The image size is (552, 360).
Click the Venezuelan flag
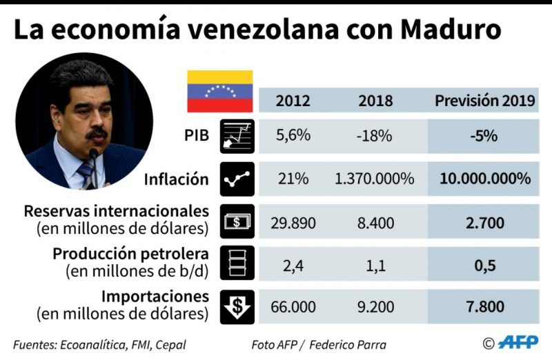click(x=220, y=91)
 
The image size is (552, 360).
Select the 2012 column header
click(x=293, y=101)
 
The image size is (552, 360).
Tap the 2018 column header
click(x=375, y=101)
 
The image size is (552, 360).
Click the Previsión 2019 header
click(x=484, y=101)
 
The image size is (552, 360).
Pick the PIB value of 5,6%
click(x=293, y=136)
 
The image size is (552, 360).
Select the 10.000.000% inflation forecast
click(x=484, y=179)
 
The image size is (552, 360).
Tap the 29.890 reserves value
click(x=293, y=223)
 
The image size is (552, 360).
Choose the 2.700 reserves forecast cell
click(x=484, y=223)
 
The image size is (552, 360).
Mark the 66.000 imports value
click(x=293, y=307)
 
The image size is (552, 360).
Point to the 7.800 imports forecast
click(x=484, y=307)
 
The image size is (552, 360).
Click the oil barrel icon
click(x=237, y=263)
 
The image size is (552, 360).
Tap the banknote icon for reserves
click(x=237, y=221)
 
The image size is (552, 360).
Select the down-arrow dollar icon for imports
click(x=237, y=306)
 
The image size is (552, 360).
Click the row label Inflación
click(x=176, y=179)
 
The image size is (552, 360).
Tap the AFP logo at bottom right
click(x=517, y=342)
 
